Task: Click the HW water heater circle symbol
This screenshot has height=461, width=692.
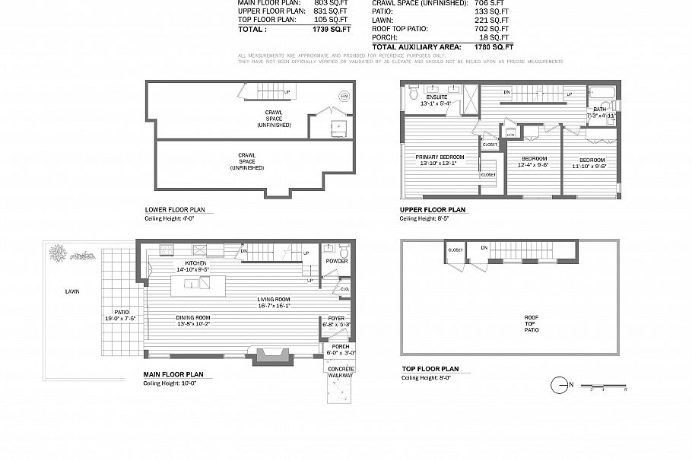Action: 343,97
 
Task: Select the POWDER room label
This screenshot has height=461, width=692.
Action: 337,261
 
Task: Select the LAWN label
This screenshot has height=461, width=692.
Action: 71,291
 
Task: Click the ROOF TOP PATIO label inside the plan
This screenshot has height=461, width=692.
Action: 532,323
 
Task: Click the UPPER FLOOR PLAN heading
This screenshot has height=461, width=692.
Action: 433,210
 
